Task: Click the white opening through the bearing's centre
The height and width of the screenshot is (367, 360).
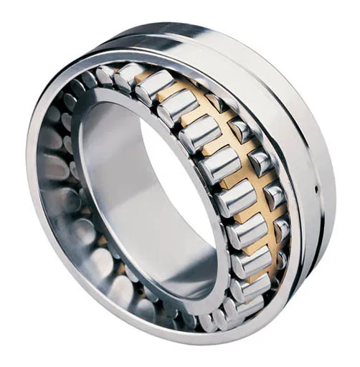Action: tap(179, 194)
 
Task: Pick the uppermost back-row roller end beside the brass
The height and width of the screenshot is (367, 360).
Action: tap(214, 100)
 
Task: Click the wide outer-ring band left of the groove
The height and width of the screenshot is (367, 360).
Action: tap(265, 93)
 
